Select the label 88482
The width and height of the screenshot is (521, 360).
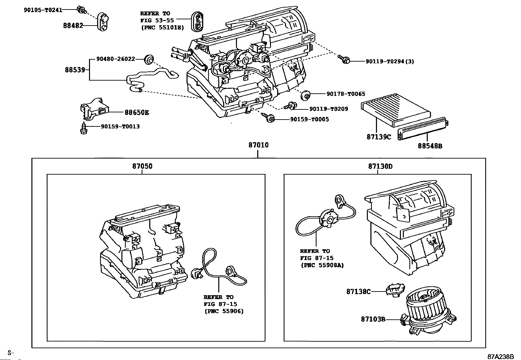[73, 25]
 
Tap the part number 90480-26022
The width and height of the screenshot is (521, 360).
[116, 59]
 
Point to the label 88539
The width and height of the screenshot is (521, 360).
[75, 69]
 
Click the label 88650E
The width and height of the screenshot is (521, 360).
[136, 112]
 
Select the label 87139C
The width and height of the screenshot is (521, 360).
[379, 137]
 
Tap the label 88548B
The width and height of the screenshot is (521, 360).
[430, 146]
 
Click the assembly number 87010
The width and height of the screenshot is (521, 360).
[258, 145]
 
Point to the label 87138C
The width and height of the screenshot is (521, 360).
[358, 291]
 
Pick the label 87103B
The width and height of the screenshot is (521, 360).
[373, 319]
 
